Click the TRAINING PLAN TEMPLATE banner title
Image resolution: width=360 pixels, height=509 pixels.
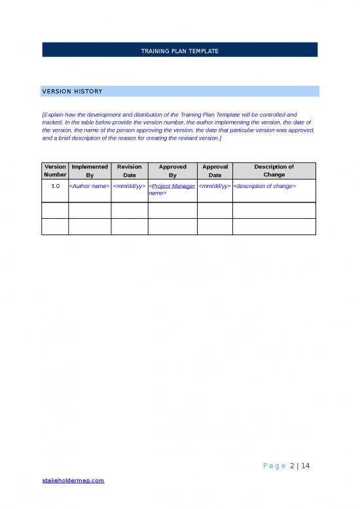tap(179, 50)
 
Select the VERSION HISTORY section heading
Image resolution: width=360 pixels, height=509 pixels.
tap(72, 91)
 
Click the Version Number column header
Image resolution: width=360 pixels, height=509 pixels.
tap(54, 170)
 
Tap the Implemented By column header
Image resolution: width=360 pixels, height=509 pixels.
tap(89, 170)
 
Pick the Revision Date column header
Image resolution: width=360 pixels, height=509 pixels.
tap(129, 170)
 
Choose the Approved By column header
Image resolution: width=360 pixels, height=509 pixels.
tap(172, 170)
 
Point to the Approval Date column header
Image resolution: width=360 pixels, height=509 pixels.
tap(215, 170)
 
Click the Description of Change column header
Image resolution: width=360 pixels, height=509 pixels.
tap(274, 170)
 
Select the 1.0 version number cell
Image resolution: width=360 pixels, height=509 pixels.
tap(55, 186)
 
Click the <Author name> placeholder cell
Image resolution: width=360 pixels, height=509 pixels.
tap(89, 186)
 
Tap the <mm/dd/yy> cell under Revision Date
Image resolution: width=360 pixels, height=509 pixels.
tap(129, 186)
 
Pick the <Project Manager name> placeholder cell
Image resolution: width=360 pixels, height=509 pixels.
tap(171, 189)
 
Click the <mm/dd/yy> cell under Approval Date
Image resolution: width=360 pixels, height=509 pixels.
tap(215, 186)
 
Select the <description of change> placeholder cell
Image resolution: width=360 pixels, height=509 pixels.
tap(265, 186)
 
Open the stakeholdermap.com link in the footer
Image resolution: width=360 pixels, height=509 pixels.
tap(72, 481)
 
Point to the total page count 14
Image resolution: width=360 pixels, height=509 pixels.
tap(304, 466)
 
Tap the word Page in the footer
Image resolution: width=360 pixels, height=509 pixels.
tap(273, 466)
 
